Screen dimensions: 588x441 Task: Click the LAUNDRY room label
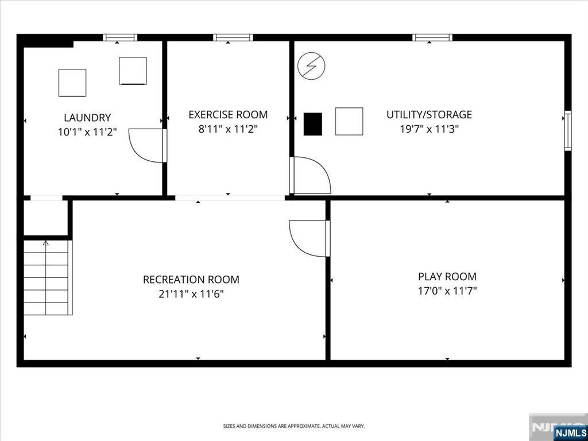87,118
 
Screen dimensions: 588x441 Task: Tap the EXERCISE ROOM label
228,115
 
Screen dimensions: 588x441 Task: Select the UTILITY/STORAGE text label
429,115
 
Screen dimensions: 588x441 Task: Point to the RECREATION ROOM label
191,280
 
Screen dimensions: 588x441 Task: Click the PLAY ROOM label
447,277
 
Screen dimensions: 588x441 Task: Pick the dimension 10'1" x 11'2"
87,132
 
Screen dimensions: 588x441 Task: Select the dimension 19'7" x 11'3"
429,129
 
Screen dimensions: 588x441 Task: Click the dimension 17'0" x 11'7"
447,291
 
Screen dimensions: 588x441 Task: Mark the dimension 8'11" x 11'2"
228,129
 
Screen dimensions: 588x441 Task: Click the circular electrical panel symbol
311,66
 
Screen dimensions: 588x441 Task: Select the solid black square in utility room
313,124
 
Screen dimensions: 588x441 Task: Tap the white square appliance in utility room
349,121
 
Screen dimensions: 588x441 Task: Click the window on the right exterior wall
568,130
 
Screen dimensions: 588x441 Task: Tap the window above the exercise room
233,37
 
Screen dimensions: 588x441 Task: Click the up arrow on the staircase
46,243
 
